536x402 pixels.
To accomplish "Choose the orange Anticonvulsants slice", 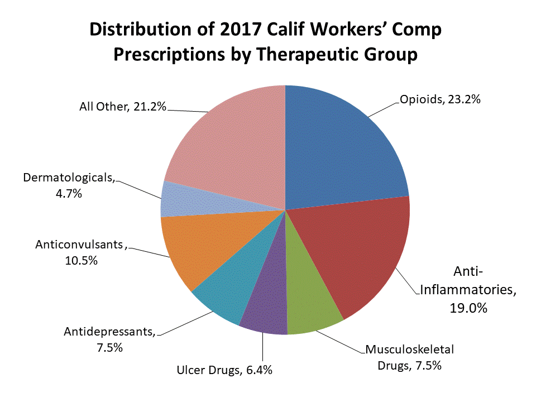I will tap(195, 246).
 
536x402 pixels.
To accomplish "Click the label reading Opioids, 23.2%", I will tap(440, 100).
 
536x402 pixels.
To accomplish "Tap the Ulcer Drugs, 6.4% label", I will tap(224, 370).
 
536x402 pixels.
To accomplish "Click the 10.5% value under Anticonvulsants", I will tap(81, 260).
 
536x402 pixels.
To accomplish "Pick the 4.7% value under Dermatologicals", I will tap(69, 194).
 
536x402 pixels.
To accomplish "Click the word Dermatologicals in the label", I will tap(69, 179).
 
